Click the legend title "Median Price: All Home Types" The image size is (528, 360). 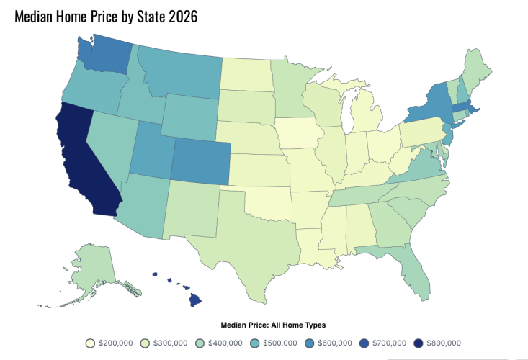(x=264, y=325)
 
